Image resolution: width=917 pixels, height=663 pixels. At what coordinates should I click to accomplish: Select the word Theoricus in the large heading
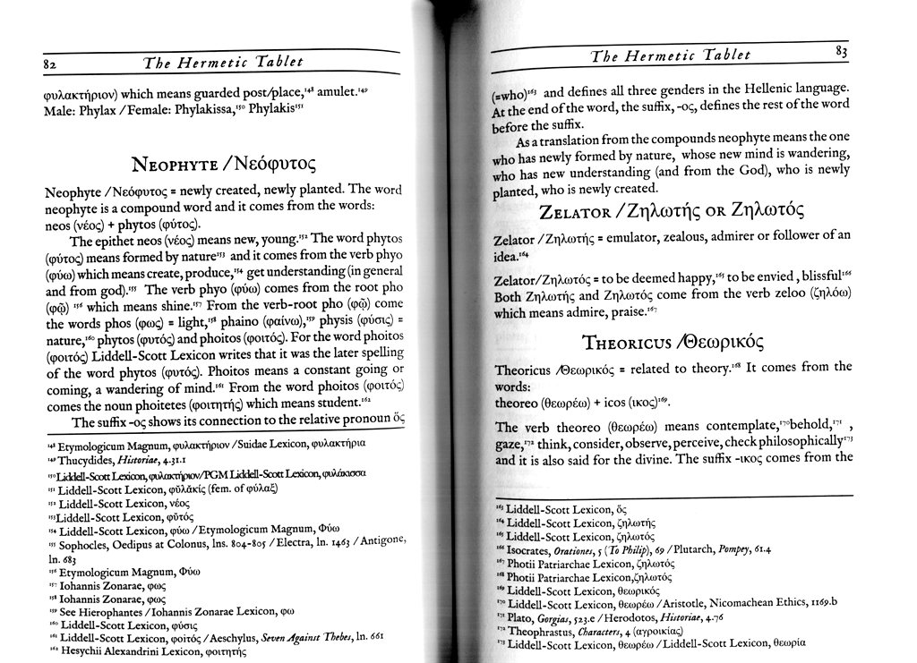[623, 342]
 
